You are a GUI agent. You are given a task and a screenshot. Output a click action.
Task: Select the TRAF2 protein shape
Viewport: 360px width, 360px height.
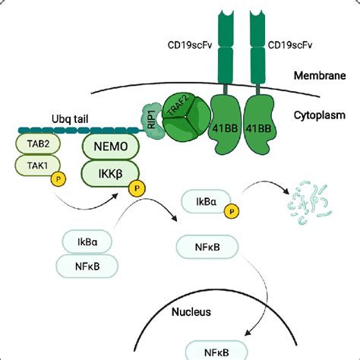(185, 119)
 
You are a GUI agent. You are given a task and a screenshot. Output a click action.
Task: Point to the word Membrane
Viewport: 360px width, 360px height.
(320, 76)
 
